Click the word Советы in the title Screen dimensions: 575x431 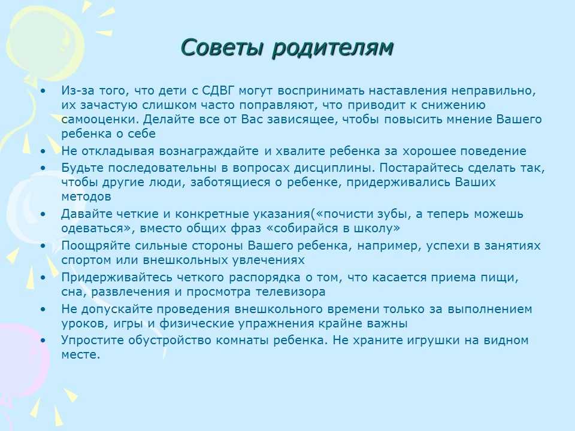pyautogui.click(x=222, y=47)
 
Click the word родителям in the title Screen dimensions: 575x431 pyautogui.click(x=333, y=48)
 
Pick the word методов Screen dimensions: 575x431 pyautogui.click(x=86, y=196)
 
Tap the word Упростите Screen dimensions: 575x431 pyautogui.click(x=92, y=340)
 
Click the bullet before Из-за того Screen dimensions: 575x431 pyautogui.click(x=44, y=90)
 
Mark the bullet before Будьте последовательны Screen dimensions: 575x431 pyautogui.click(x=44, y=168)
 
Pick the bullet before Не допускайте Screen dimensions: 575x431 pyautogui.click(x=44, y=309)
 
